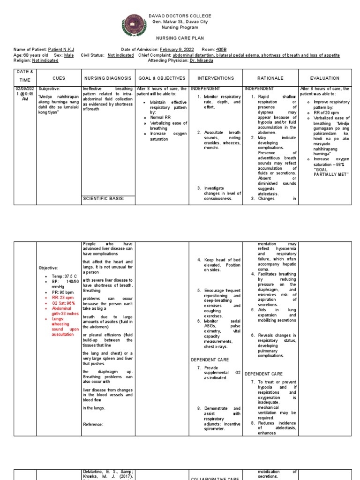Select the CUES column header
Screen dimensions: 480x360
[59, 78]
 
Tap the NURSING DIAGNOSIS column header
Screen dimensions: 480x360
[107, 78]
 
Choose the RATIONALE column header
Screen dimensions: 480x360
[270, 78]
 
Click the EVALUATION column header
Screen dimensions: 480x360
[324, 78]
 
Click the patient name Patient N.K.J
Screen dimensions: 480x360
[61, 49]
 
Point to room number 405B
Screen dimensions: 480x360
[222, 49]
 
